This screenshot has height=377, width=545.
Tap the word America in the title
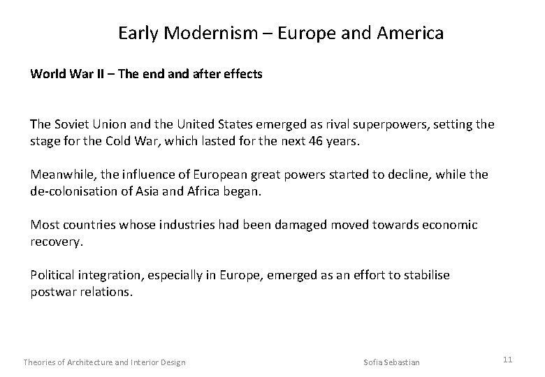[x=410, y=33]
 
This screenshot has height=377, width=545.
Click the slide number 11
[x=508, y=360]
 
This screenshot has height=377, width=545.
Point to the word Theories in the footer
[x=43, y=362]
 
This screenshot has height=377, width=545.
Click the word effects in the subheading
[x=244, y=73]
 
